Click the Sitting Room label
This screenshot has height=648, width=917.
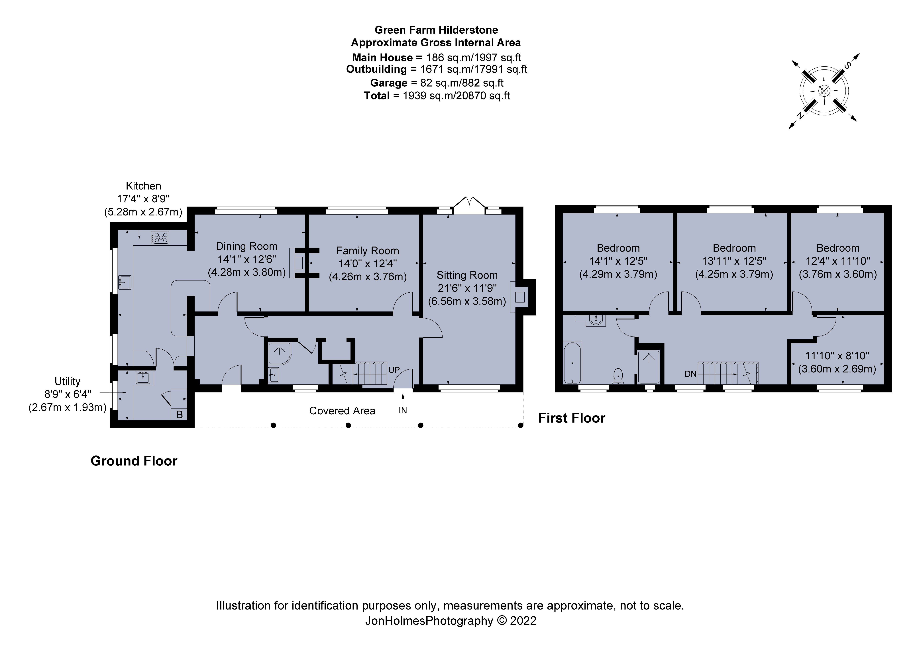pyautogui.click(x=467, y=275)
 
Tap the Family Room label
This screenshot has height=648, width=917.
pyautogui.click(x=367, y=251)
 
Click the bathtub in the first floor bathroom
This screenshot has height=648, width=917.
pyautogui.click(x=572, y=362)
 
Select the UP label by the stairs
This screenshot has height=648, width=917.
pyautogui.click(x=394, y=370)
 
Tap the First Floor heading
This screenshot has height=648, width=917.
pyautogui.click(x=572, y=418)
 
